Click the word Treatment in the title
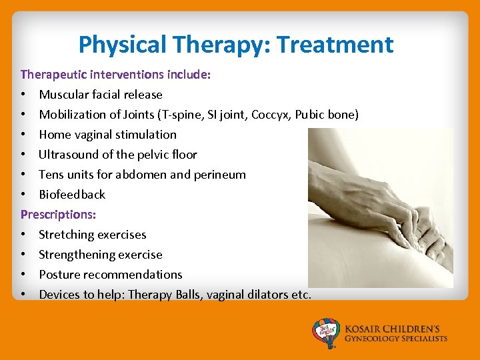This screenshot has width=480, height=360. [335, 45]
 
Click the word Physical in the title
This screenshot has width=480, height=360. [123, 45]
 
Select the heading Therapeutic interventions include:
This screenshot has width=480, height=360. [116, 75]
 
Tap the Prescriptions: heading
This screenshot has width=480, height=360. [59, 215]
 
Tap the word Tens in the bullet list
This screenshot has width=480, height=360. [51, 175]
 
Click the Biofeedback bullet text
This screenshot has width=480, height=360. [72, 195]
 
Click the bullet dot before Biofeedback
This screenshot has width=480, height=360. [23, 195]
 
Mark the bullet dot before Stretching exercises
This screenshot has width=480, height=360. [23, 235]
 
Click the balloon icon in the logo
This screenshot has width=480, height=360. [327, 331]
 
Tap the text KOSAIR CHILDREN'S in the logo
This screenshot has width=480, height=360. [396, 329]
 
